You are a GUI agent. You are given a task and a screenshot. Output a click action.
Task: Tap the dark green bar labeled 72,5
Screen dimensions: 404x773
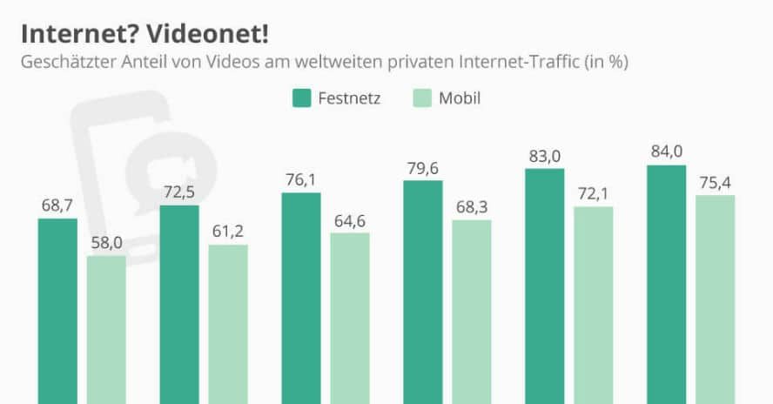[x=179, y=304]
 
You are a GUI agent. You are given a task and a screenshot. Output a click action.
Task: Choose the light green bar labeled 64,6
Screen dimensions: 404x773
[x=350, y=318]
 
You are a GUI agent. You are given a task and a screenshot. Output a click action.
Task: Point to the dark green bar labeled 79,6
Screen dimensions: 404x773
[x=423, y=292]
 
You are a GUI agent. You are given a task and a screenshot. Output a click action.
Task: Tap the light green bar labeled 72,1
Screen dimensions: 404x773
[x=594, y=305]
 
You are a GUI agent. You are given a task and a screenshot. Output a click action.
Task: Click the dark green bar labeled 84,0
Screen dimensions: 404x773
[x=667, y=284]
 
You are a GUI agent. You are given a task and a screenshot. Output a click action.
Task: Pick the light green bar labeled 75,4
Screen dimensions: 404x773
[x=716, y=300]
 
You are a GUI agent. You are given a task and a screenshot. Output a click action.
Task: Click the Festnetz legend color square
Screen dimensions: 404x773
[x=302, y=98]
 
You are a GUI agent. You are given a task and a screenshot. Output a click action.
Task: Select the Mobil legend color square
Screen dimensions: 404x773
[x=420, y=98]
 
